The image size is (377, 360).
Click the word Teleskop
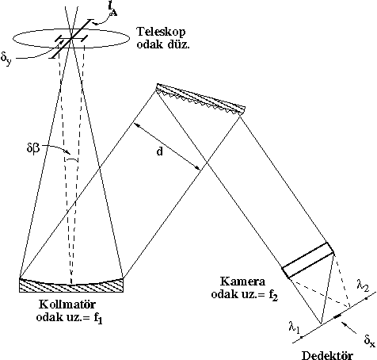click(161, 33)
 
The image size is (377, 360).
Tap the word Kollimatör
click(67, 304)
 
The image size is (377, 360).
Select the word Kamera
click(242, 281)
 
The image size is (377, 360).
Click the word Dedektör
click(327, 355)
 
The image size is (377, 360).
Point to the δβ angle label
click(33, 148)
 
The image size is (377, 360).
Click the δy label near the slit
click(6, 59)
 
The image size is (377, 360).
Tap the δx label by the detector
click(369, 340)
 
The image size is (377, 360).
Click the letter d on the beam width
click(159, 151)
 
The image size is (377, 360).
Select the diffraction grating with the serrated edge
click(200, 100)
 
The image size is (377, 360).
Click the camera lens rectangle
click(308, 260)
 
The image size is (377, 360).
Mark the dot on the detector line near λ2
click(367, 298)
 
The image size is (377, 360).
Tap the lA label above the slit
click(112, 10)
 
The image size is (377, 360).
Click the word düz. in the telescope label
click(178, 44)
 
